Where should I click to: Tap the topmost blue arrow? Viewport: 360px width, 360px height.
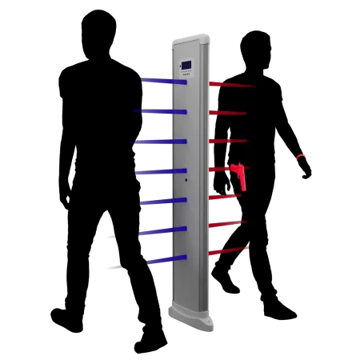click(x=164, y=81)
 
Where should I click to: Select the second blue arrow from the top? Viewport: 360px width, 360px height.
click(x=162, y=112)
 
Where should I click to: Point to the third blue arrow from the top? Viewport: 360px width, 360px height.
click(x=160, y=142)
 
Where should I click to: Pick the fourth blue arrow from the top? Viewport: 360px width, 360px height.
click(x=162, y=171)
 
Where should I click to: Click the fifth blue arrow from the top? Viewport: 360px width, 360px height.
click(x=164, y=201)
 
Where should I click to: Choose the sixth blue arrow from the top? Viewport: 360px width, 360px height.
click(x=163, y=231)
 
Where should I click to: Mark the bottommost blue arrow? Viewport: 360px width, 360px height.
click(x=166, y=260)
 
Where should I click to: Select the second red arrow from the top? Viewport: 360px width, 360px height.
click(x=228, y=113)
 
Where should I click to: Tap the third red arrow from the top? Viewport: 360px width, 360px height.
click(x=228, y=141)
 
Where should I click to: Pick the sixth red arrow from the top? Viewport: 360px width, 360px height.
click(x=228, y=224)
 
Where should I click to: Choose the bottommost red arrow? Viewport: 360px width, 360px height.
click(x=228, y=251)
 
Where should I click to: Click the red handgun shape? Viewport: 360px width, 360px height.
click(x=238, y=174)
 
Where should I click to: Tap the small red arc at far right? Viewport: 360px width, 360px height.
click(x=302, y=157)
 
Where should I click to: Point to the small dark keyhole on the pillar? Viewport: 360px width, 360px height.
click(x=186, y=179)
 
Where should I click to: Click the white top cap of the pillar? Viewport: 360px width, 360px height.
click(x=189, y=39)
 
